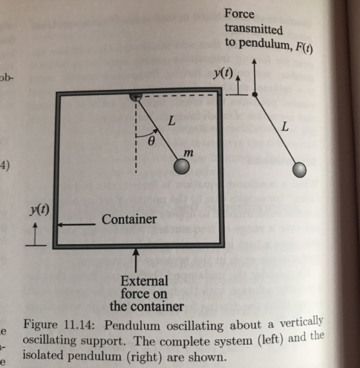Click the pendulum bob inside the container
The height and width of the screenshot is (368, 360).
181,167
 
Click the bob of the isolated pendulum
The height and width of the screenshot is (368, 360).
300,170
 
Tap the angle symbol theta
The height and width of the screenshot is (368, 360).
152,141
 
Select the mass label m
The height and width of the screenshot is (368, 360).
188,153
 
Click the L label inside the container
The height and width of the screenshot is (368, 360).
172,121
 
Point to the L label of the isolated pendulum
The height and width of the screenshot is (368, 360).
285,127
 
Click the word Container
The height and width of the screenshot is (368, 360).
129,219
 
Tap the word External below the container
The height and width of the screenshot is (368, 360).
144,281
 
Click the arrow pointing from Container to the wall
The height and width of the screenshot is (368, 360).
76,225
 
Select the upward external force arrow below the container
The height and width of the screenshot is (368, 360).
136,261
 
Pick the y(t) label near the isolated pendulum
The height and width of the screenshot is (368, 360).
223,73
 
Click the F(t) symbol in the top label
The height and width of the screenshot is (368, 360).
303,48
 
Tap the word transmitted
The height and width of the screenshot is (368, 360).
254,29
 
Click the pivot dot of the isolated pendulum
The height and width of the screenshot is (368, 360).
255,95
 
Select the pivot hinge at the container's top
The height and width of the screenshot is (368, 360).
136,97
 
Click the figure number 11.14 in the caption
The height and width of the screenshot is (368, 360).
79,326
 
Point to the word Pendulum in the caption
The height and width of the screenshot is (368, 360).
132,326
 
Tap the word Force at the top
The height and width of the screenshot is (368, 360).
239,14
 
